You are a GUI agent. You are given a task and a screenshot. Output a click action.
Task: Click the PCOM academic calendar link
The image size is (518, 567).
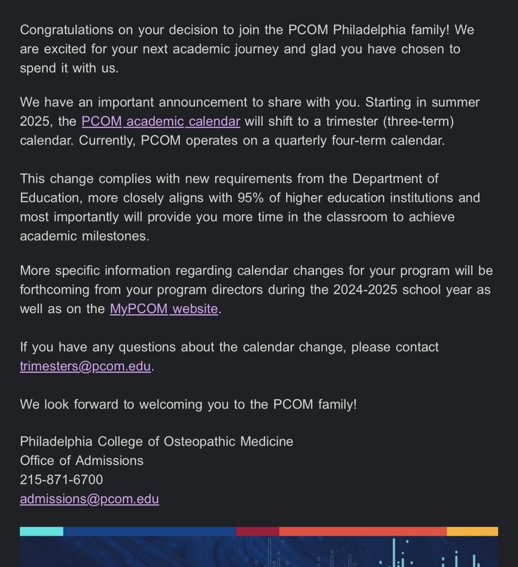(x=161, y=121)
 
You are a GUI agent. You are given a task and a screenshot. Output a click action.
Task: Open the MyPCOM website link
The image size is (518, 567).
(x=164, y=309)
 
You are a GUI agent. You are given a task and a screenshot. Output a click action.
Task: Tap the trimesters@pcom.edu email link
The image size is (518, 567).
(x=85, y=367)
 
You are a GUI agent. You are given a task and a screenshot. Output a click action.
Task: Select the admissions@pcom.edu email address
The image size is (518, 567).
(x=89, y=499)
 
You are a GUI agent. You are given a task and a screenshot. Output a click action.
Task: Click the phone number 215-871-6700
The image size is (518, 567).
(x=61, y=480)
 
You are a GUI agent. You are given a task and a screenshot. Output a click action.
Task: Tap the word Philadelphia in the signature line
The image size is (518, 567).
(x=57, y=441)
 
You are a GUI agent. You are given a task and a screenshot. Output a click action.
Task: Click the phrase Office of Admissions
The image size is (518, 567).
(x=81, y=461)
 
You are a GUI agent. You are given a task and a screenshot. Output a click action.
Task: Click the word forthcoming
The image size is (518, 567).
(x=55, y=290)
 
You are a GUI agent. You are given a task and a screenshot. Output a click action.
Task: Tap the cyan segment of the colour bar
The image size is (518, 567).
(x=42, y=532)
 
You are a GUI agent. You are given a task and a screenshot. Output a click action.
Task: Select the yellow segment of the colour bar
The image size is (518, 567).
(x=472, y=532)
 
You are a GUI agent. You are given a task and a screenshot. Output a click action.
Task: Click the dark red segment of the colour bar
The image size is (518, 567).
(x=258, y=532)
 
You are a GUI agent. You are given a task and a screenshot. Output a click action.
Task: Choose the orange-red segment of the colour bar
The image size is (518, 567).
(x=363, y=532)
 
